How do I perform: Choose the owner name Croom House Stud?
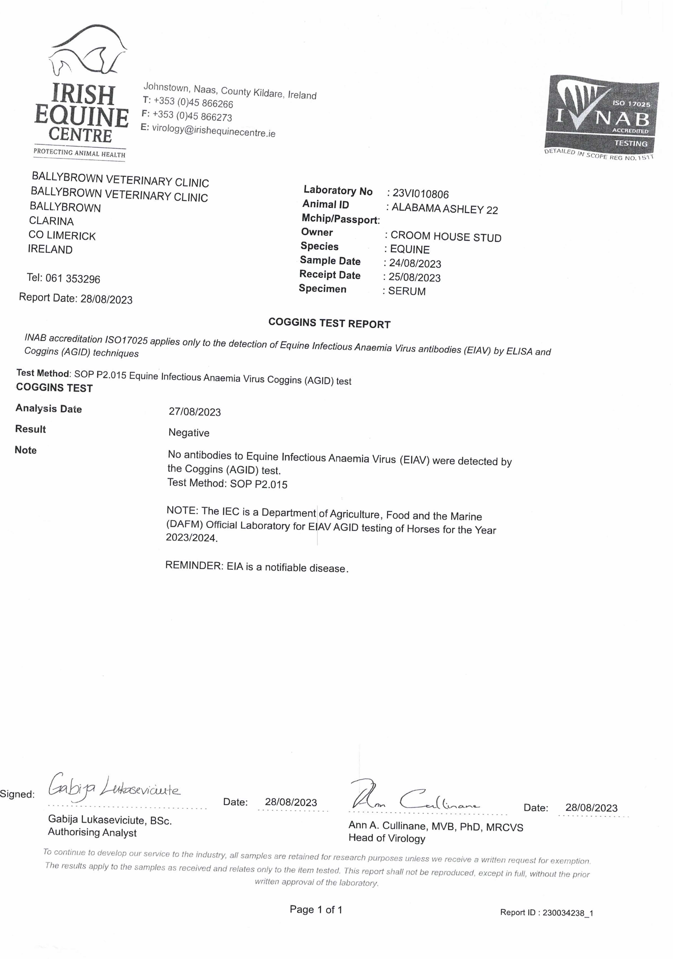point(446,237)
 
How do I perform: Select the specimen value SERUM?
point(407,291)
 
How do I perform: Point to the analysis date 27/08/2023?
point(195,412)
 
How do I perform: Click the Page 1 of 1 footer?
point(316,909)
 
